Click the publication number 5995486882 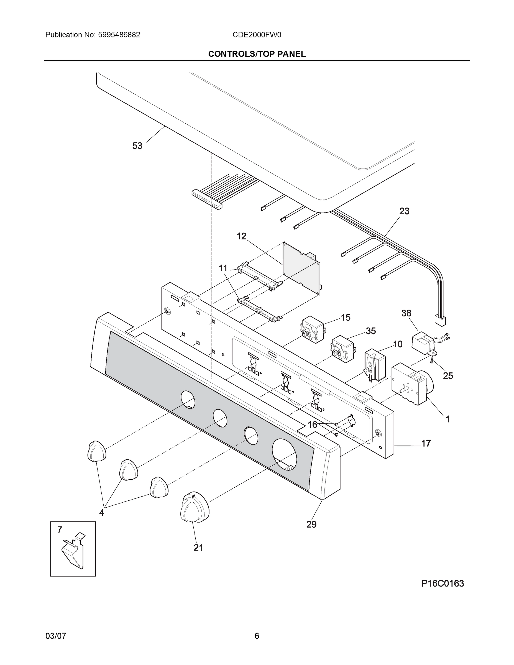(x=119, y=35)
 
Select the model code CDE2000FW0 (x=257, y=35)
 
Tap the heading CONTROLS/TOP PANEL (x=257, y=54)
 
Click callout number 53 (x=137, y=146)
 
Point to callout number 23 (x=404, y=211)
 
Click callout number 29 (x=311, y=524)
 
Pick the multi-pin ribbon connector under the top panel (x=207, y=200)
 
